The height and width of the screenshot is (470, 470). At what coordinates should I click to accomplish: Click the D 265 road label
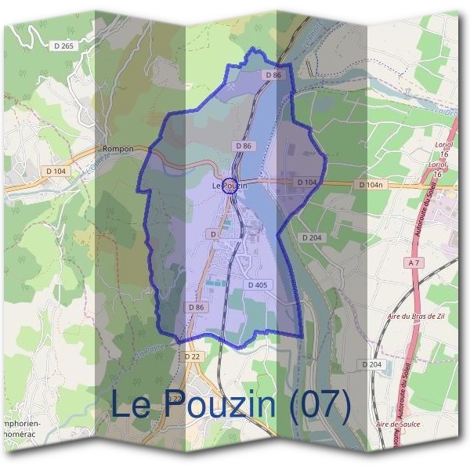65,47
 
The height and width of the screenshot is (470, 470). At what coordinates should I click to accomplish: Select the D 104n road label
371,184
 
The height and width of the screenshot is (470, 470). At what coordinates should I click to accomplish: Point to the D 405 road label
258,285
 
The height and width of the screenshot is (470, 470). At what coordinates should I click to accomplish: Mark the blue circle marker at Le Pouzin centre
230,185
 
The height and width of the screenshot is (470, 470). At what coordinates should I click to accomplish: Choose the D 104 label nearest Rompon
56,171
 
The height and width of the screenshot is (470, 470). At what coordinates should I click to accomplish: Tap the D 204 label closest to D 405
312,237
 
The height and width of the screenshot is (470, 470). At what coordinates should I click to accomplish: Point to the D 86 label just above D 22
196,308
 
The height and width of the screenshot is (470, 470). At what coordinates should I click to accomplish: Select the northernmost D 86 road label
273,75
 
